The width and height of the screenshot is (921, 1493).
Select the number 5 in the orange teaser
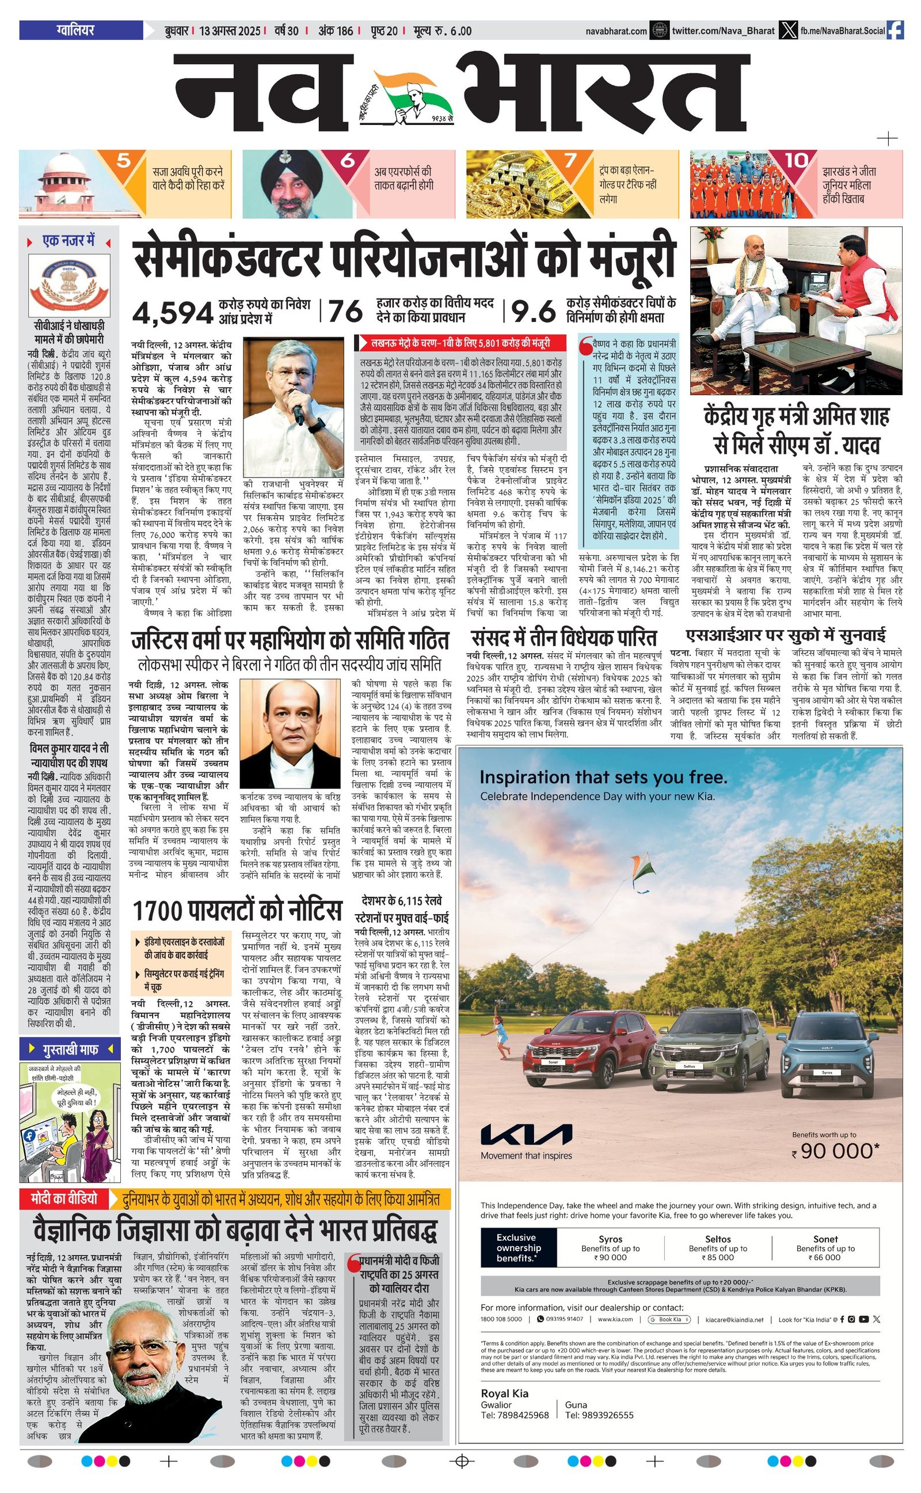coord(124,161)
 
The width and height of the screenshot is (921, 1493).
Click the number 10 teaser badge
coord(796,160)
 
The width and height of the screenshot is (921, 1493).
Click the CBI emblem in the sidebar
coord(69,285)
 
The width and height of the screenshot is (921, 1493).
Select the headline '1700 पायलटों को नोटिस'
coord(237,911)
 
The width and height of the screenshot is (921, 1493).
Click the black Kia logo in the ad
coord(526,1135)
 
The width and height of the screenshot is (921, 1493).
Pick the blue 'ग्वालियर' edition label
coord(75,30)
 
